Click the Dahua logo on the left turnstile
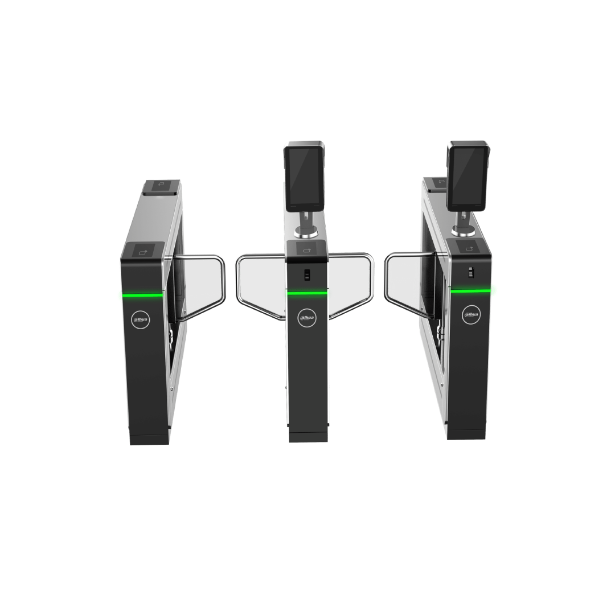point(141,319)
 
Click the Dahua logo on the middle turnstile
point(307,318)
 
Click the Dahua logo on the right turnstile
point(471,314)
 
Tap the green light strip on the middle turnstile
point(307,293)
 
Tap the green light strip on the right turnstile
point(471,290)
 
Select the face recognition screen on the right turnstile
point(467,175)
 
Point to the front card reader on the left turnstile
point(143,251)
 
